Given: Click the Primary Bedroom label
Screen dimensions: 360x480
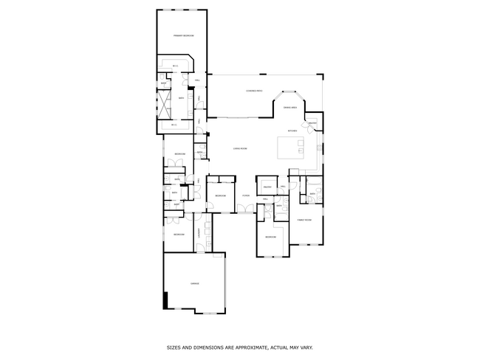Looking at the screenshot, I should (x=183, y=35).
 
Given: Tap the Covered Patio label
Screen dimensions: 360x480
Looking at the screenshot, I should (x=254, y=91).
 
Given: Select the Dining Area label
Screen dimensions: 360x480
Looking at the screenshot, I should (x=290, y=108).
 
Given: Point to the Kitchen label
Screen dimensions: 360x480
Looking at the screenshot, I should (x=292, y=131).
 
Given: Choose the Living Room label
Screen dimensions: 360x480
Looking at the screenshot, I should (x=240, y=148).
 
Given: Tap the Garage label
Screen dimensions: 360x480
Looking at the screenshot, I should (x=195, y=283).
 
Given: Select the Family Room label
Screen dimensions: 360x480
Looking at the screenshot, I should (x=304, y=220).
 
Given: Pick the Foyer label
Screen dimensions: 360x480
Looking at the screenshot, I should (x=245, y=195).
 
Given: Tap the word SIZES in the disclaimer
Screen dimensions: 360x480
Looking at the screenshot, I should (x=172, y=346).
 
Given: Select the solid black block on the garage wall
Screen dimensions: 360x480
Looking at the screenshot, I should (x=166, y=300).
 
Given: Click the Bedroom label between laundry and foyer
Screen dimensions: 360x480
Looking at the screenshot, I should (x=220, y=195).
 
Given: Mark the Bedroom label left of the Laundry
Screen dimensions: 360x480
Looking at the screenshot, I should (x=179, y=234).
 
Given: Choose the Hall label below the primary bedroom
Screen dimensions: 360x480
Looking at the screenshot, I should (x=197, y=80).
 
